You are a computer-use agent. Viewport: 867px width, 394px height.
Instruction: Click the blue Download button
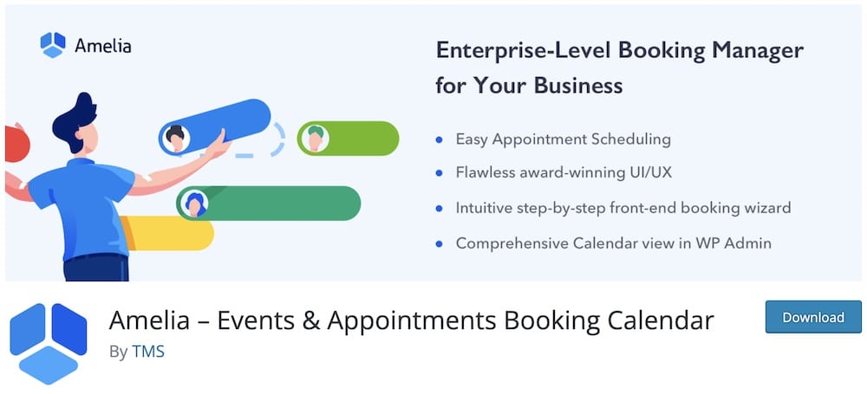pyautogui.click(x=813, y=317)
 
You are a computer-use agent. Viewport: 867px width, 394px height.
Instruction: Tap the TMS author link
pyautogui.click(x=148, y=352)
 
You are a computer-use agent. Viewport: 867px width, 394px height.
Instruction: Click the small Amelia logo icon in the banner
pyautogui.click(x=53, y=45)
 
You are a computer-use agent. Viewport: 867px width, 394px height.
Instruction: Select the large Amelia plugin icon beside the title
pyautogui.click(x=49, y=343)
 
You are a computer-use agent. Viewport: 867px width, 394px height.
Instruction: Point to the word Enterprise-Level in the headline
pyautogui.click(x=522, y=50)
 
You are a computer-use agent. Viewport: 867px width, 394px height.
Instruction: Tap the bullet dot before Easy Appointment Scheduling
pyautogui.click(x=439, y=139)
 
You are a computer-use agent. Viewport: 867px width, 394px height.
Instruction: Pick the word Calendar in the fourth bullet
pyautogui.click(x=603, y=243)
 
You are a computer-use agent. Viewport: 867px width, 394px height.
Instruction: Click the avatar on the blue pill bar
pyautogui.click(x=176, y=139)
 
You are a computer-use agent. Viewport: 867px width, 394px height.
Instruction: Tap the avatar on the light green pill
pyautogui.click(x=316, y=139)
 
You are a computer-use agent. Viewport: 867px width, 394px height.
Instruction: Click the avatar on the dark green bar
pyautogui.click(x=194, y=203)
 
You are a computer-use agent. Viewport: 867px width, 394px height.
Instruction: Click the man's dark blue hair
pyautogui.click(x=74, y=120)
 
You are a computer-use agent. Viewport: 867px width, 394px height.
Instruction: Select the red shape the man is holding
pyautogui.click(x=16, y=144)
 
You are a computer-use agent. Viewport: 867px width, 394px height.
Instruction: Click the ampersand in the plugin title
pyautogui.click(x=312, y=320)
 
